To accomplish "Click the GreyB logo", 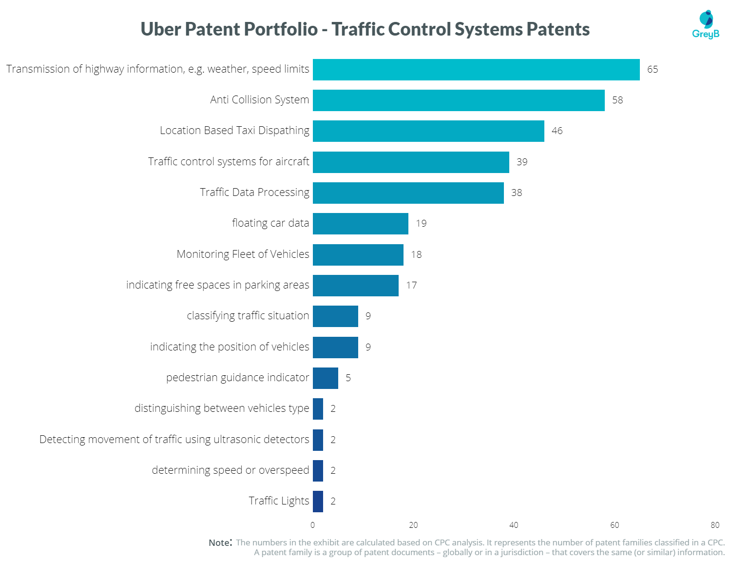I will pyautogui.click(x=705, y=24).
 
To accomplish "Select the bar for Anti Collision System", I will pyautogui.click(x=459, y=100).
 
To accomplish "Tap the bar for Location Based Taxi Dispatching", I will pyautogui.click(x=428, y=131).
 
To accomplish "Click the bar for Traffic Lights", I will pyautogui.click(x=318, y=502).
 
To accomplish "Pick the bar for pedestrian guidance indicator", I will pyautogui.click(x=326, y=378).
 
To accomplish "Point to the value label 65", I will pyautogui.click(x=652, y=70).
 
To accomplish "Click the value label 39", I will pyautogui.click(x=521, y=162).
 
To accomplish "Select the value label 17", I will pyautogui.click(x=411, y=286).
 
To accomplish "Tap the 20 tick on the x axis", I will pyautogui.click(x=413, y=525).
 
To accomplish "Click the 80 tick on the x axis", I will pyautogui.click(x=714, y=525).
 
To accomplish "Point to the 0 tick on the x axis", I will pyautogui.click(x=312, y=525).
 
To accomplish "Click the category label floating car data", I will pyautogui.click(x=270, y=223).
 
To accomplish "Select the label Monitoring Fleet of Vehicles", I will pyautogui.click(x=243, y=254).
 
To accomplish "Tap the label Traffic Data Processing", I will pyautogui.click(x=254, y=193).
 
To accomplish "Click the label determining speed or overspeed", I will pyautogui.click(x=230, y=470).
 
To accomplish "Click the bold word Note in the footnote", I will pyautogui.click(x=219, y=543).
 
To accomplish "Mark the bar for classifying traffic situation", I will pyautogui.click(x=335, y=316).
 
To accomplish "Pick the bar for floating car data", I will pyautogui.click(x=360, y=224).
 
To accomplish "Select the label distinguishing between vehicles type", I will pyautogui.click(x=222, y=408).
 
